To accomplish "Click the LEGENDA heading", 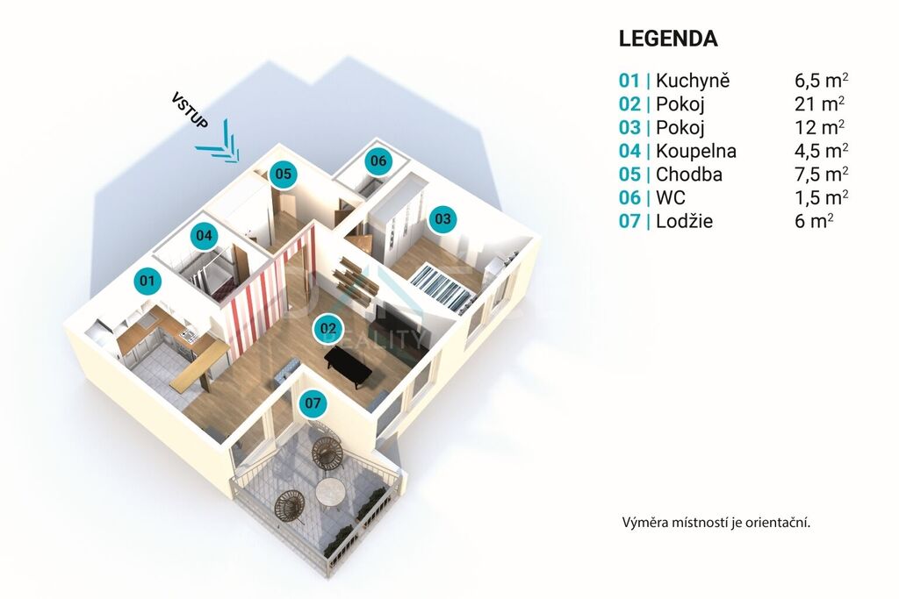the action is [668, 39].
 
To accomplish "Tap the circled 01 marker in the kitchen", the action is [147, 281].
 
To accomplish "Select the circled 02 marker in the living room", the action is [328, 329].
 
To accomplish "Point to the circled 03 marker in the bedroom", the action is [442, 218].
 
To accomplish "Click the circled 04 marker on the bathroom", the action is [204, 235].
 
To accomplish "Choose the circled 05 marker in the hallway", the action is [284, 173].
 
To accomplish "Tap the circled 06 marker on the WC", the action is [378, 160].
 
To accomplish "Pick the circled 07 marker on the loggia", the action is [313, 403].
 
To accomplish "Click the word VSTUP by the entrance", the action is [190, 110].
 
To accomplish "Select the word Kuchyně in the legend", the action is [693, 81].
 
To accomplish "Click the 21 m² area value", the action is [819, 104].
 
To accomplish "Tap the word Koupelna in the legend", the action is [696, 151].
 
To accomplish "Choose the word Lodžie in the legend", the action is [684, 221].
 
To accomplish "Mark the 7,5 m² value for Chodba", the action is [822, 175].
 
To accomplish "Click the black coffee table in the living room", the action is [349, 366].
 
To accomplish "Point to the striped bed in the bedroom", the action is [441, 285].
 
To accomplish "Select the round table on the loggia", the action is [331, 492].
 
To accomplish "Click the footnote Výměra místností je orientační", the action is [716, 523].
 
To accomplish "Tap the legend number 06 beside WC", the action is [629, 197].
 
